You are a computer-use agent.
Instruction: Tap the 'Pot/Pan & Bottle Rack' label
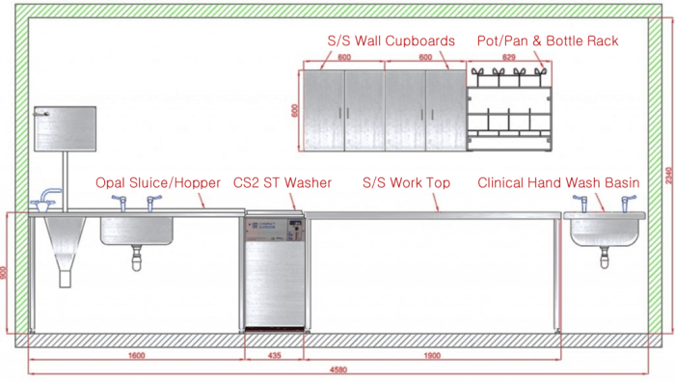(548, 41)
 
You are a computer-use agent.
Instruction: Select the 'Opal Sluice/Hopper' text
(158, 182)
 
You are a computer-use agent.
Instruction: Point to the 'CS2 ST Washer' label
(283, 182)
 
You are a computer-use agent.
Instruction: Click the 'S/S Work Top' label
(406, 182)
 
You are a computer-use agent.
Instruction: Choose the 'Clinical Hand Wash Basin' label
(572, 182)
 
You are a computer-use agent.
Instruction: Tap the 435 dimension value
(274, 356)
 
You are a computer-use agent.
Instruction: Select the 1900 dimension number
(430, 356)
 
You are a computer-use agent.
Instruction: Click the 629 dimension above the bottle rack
(508, 58)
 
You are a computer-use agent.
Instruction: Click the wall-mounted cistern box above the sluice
(65, 130)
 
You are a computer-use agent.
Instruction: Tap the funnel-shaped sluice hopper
(65, 246)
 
